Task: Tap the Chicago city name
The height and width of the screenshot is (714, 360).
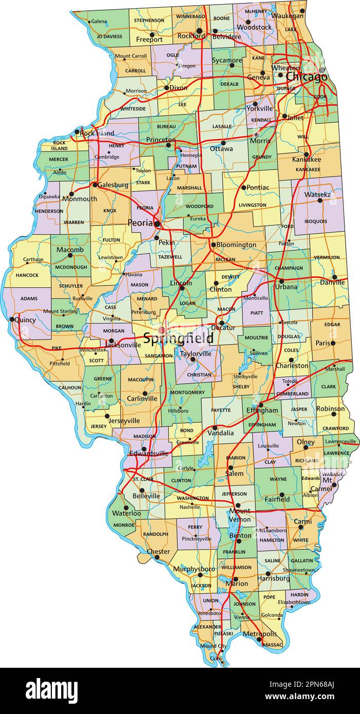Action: point(306,77)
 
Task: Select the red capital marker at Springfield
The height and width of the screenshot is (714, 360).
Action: point(162,330)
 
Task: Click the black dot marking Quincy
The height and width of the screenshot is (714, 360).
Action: point(12,319)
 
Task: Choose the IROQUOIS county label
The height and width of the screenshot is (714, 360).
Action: point(315,221)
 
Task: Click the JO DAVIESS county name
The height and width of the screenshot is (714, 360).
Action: point(109,37)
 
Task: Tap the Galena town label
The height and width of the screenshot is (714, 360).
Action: point(99,22)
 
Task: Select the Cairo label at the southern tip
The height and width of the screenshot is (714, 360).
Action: point(216,658)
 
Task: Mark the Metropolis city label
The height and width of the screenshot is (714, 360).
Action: point(259,634)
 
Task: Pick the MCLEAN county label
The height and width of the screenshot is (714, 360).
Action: point(225,260)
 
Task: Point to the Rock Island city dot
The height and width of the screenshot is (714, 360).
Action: point(77,132)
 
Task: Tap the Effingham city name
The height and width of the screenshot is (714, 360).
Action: point(262,410)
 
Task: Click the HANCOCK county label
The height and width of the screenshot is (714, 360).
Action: point(27,275)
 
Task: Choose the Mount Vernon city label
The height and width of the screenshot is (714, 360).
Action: point(239,515)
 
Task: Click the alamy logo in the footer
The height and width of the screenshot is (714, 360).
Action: point(51,690)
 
